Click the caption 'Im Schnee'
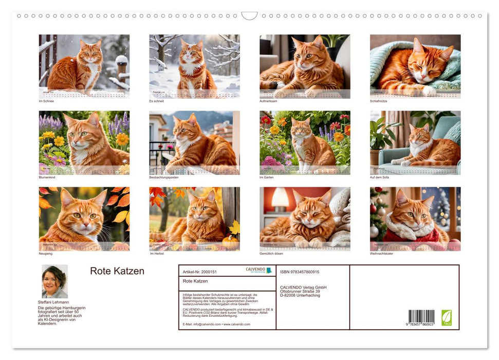[x=46, y=101]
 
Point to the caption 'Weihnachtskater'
[x=382, y=254]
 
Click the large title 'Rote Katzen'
[x=117, y=271]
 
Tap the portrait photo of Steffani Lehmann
[x=54, y=281]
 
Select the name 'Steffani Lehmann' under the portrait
[x=53, y=302]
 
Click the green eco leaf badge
[x=447, y=317]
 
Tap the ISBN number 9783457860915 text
[x=300, y=272]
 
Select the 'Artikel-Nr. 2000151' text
[x=199, y=271]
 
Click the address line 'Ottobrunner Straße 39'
[x=303, y=291]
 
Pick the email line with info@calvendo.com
[x=216, y=325]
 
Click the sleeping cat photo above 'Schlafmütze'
[x=415, y=66]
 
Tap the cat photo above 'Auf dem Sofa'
[x=415, y=142]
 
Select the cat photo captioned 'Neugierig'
[x=84, y=219]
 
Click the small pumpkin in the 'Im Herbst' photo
[x=229, y=241]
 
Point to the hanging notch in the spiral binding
[x=249, y=16]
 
